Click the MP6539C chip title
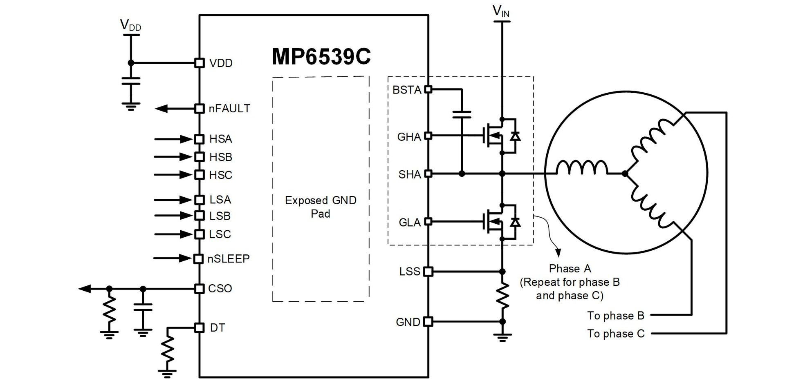321,56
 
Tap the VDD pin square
199,63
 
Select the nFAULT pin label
229,109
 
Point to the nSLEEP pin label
228,259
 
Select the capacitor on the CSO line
143,307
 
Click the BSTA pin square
428,89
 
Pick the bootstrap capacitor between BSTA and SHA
462,114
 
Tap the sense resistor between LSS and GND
502,296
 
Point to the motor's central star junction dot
625,174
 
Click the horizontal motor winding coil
582,167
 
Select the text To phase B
616,316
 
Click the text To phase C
616,334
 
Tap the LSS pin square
428,272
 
